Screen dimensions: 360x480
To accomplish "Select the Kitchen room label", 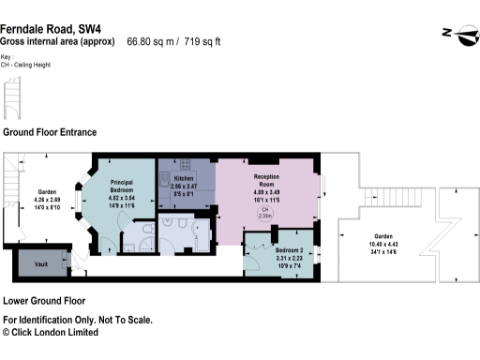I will (183, 177).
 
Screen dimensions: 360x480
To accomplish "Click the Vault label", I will (40, 263).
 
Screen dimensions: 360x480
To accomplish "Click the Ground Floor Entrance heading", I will (50, 132).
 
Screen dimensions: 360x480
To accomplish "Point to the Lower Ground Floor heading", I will (44, 301).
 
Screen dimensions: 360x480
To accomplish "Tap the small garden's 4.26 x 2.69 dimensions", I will (47, 200).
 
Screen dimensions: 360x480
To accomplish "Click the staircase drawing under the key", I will (12, 97).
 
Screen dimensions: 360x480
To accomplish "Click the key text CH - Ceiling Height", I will (25, 67).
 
